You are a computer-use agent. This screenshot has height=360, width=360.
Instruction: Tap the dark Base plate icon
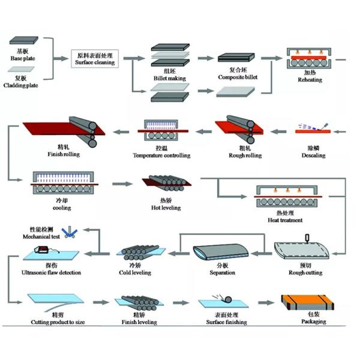[x=23, y=41]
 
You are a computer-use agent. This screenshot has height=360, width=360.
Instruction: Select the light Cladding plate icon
[x=23, y=71]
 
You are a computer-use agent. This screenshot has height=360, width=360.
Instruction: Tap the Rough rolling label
[x=245, y=155]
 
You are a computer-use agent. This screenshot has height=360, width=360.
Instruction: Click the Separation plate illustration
[x=221, y=254]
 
